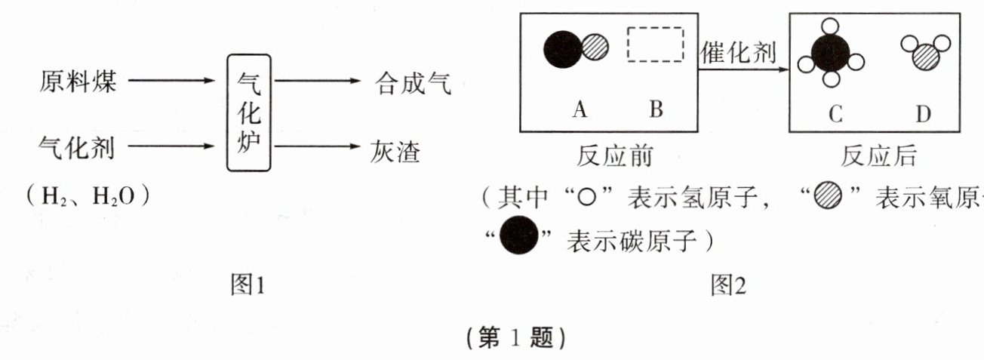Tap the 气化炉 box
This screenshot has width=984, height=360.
click(248, 113)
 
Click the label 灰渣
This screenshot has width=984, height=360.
click(395, 150)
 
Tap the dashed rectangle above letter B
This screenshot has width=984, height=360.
click(655, 45)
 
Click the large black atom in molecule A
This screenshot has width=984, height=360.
click(563, 49)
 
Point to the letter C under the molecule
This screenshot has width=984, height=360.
click(834, 113)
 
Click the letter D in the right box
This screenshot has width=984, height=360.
click(924, 113)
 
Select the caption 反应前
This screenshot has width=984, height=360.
click(614, 157)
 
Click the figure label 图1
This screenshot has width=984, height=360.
click(248, 285)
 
